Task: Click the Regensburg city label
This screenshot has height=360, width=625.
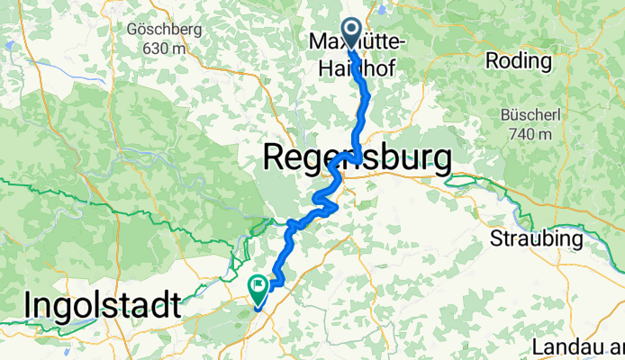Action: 357,159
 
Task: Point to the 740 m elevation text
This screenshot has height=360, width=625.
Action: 529,134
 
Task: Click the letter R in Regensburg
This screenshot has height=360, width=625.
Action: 273,159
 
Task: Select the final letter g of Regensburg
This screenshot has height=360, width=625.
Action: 440,163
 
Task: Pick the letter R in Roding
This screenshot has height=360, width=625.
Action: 491,61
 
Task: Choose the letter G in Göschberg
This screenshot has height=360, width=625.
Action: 133,28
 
